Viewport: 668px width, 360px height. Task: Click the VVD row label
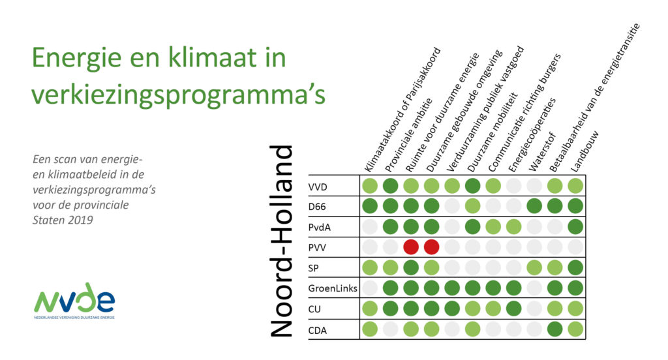pos(318,187)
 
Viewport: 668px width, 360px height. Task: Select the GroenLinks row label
pos(333,288)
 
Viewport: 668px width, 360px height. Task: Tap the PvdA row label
pos(319,227)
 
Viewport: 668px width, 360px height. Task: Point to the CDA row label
pos(318,330)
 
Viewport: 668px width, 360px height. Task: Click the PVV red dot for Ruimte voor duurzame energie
pos(411,247)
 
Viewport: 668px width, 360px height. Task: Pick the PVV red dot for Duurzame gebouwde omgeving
pos(432,247)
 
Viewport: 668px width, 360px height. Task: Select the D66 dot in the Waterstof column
pos(534,206)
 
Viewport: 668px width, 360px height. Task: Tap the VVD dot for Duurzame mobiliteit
pos(473,186)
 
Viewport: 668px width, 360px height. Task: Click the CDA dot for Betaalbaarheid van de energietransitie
pos(554,329)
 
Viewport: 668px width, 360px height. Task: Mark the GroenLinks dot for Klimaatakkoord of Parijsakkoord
pos(370,288)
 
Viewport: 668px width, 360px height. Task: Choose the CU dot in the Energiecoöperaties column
pos(514,308)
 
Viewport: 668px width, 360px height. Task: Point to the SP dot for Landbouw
pos(575,267)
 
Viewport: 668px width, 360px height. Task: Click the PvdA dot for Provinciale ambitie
pos(391,227)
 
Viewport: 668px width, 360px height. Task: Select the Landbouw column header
pos(584,151)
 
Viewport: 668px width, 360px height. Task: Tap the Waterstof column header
pos(542,152)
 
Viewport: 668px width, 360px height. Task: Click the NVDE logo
pos(74,301)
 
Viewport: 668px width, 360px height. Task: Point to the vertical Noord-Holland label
pos(282,241)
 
